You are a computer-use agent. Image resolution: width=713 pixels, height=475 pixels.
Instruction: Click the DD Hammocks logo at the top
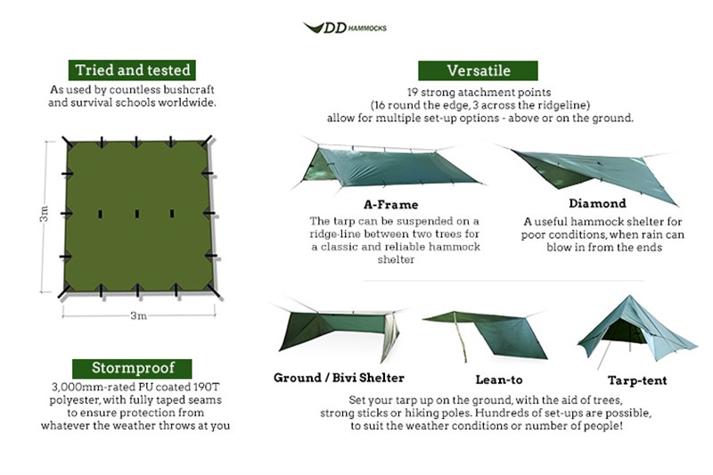(344, 28)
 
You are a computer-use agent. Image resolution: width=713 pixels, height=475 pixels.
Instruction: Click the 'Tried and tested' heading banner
(133, 70)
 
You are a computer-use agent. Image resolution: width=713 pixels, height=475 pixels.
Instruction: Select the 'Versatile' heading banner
(479, 70)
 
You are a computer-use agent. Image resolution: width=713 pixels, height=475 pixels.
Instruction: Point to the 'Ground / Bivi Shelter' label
(339, 378)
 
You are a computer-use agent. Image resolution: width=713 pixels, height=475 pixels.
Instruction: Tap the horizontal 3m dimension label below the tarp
(138, 315)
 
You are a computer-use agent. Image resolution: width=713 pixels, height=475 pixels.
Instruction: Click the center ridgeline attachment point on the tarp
(137, 215)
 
